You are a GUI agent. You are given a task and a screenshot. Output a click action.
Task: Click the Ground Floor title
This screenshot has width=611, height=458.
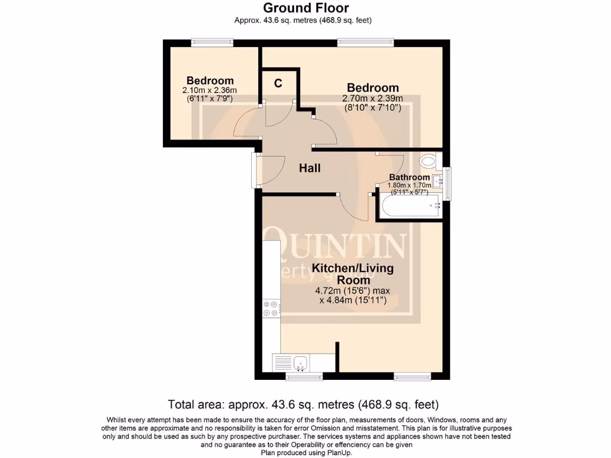coord(305,8)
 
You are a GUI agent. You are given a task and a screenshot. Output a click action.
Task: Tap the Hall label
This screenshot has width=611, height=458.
coord(310,168)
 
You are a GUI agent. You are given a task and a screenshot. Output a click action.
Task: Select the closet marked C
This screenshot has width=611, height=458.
coord(278,83)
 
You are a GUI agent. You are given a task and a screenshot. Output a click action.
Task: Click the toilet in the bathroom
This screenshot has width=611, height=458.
coord(428,160)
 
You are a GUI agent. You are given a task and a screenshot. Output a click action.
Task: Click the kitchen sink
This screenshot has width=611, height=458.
coord(300,361)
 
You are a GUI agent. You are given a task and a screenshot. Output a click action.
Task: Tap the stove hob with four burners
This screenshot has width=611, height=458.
coord(271,308)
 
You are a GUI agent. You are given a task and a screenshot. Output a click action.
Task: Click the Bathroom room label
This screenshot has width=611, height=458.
coord(409,177)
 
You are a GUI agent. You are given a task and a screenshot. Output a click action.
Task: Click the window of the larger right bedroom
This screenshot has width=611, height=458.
coord(365,42)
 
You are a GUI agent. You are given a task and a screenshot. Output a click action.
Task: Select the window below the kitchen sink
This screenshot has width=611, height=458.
coord(304,376)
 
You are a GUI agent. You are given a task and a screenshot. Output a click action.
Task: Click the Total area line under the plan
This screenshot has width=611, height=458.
coord(305,404)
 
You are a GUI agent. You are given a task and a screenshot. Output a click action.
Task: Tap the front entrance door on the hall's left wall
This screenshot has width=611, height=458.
coord(256,171)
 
